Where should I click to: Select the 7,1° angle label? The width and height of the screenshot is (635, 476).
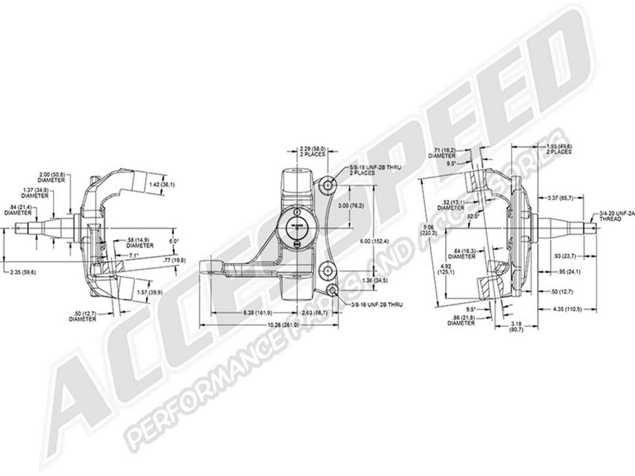[134, 255]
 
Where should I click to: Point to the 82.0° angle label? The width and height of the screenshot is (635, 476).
[473, 216]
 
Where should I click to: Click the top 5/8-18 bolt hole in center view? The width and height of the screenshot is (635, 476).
[329, 184]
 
